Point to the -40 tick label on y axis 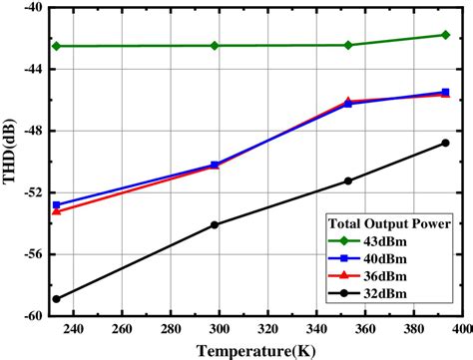[29, 9]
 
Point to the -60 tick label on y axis [29, 316]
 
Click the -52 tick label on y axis [29, 193]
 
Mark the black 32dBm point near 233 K [57, 299]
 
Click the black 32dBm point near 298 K [214, 225]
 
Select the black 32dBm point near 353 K [348, 180]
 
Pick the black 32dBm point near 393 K [445, 143]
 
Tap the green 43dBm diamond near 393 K [445, 35]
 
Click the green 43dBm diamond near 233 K [57, 46]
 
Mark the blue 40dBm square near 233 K [57, 205]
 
